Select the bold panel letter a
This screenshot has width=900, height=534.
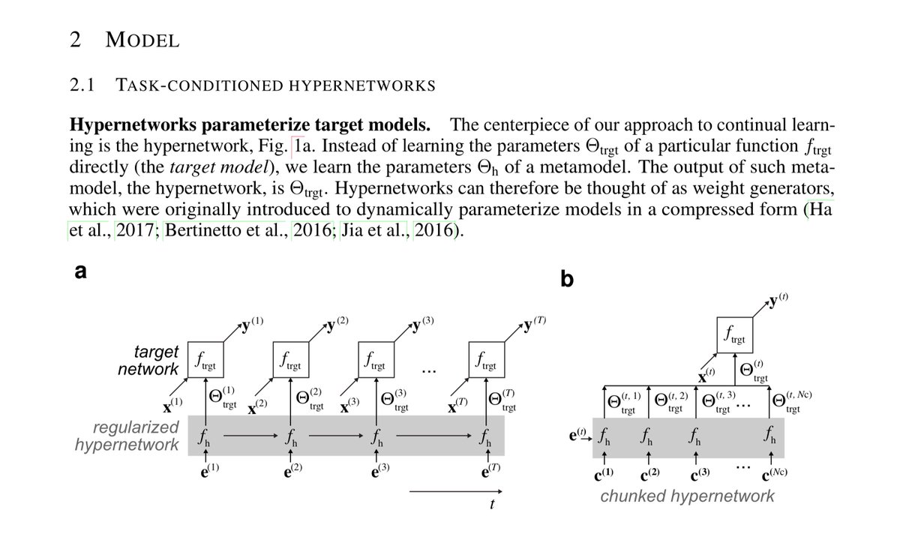click(x=78, y=272)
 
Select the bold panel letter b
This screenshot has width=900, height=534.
click(x=568, y=279)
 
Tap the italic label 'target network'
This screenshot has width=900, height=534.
click(x=148, y=361)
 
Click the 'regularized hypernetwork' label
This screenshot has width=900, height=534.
click(x=127, y=436)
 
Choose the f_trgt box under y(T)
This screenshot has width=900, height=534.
click(x=486, y=361)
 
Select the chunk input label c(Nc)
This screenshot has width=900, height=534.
click(x=773, y=474)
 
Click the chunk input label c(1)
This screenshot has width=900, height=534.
click(x=604, y=474)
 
